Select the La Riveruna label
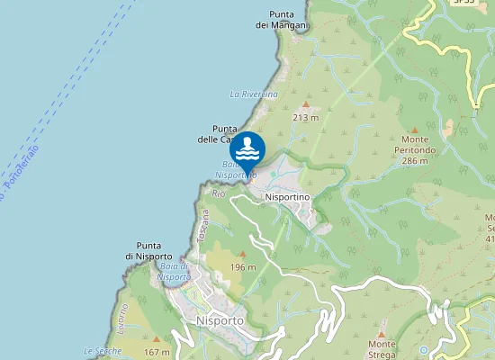(x=254, y=94)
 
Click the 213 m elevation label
(x=306, y=117)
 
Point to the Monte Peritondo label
(x=415, y=155)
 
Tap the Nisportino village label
(x=287, y=196)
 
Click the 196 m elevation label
(x=243, y=267)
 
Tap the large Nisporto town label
(x=220, y=319)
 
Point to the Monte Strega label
(x=382, y=349)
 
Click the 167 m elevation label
(x=157, y=352)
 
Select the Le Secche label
(x=102, y=350)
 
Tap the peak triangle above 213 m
(x=306, y=105)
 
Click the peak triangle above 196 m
(x=242, y=255)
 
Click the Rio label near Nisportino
(x=218, y=193)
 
